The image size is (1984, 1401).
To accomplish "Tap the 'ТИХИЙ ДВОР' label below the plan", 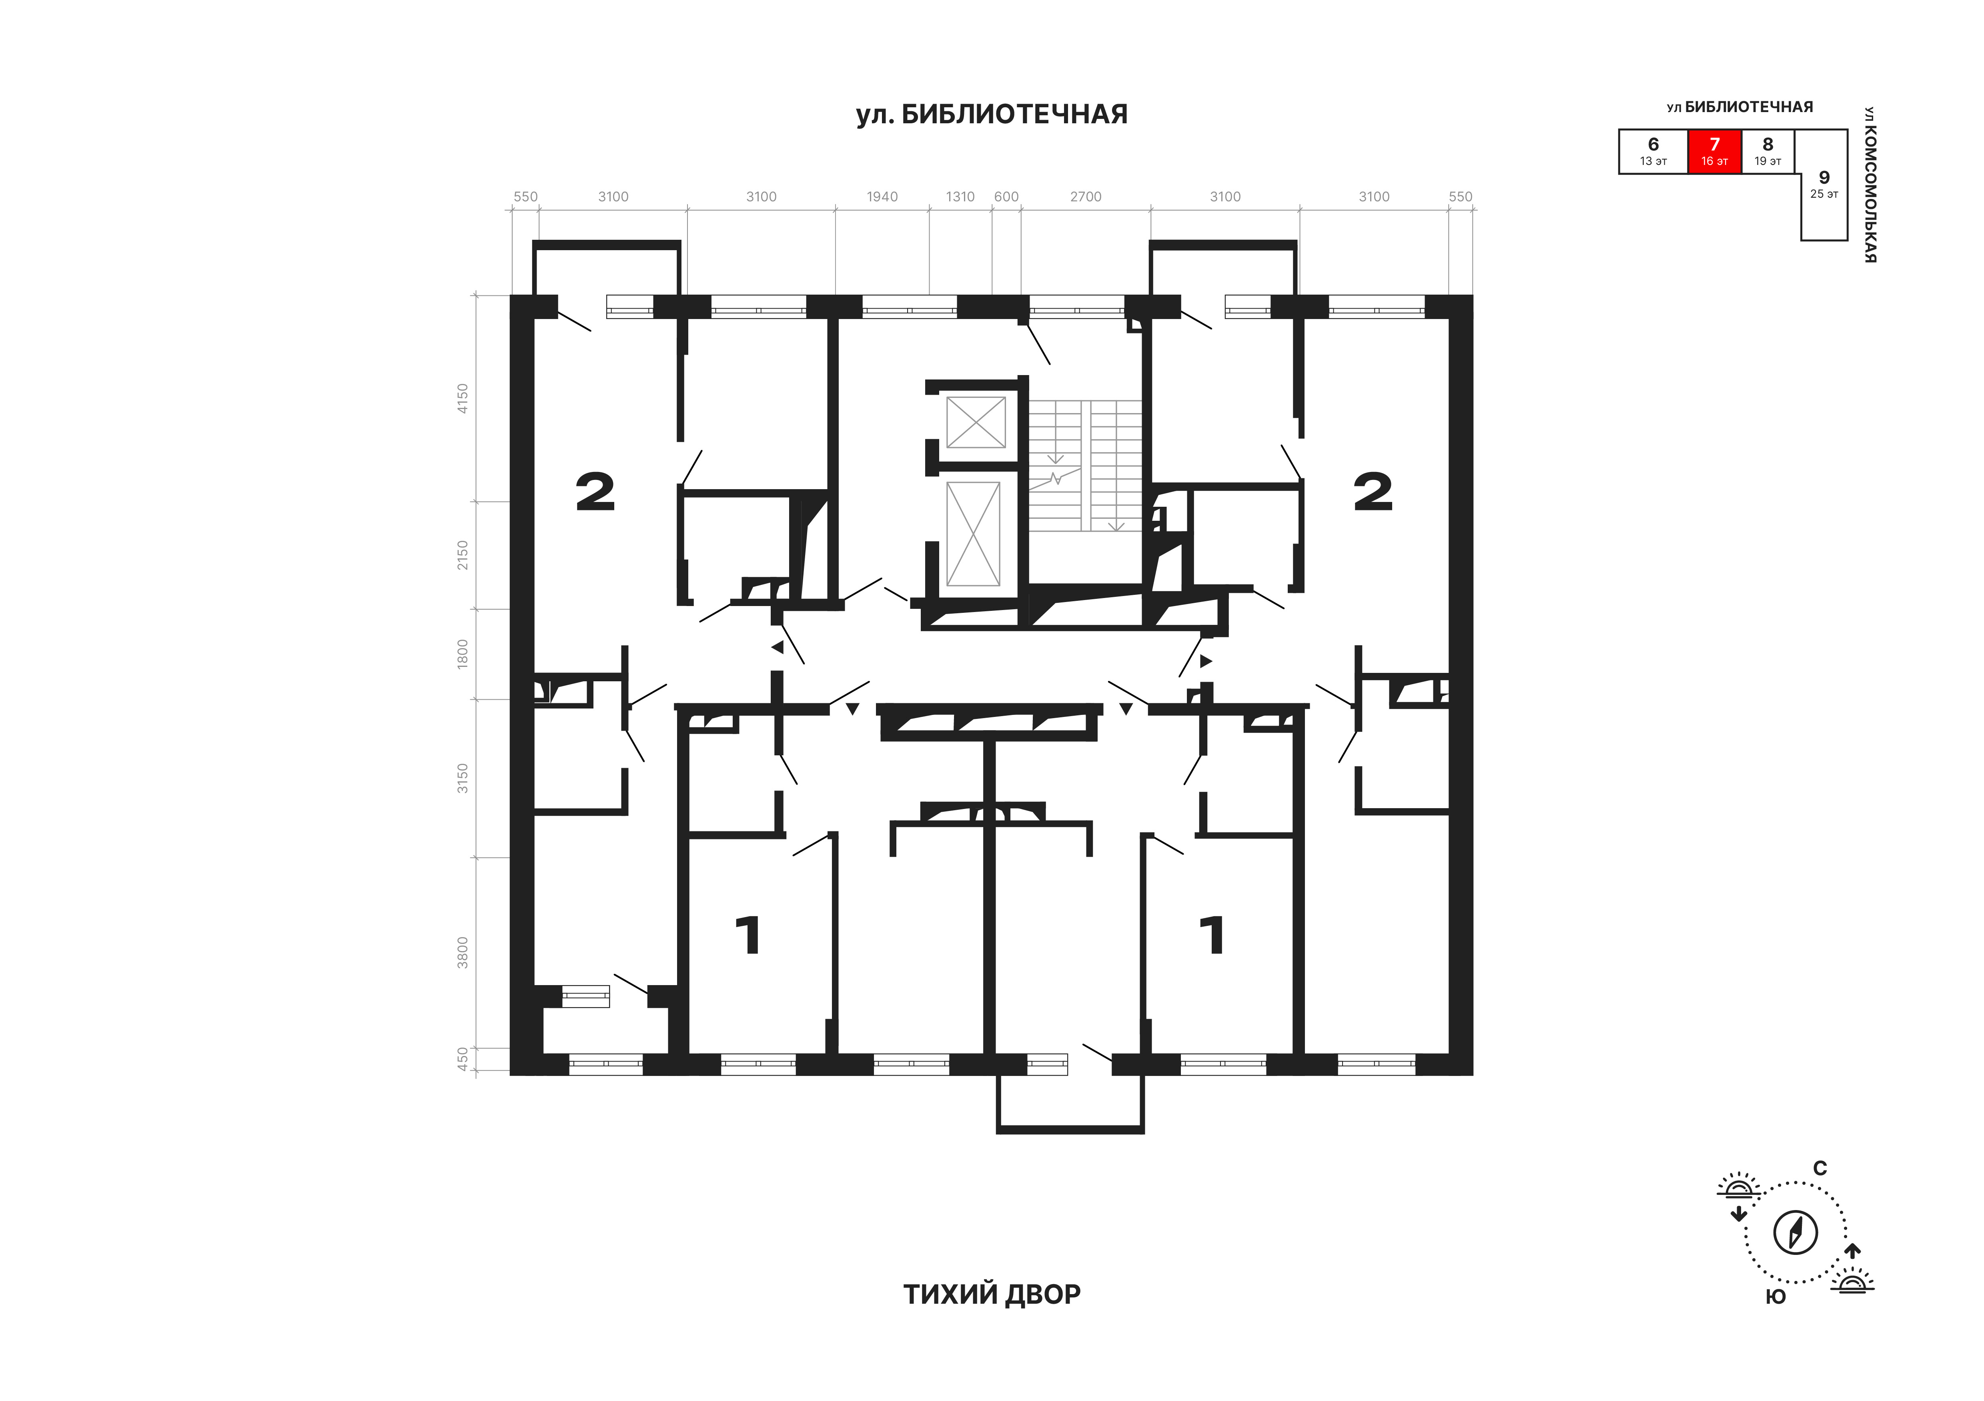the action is click(x=992, y=1318).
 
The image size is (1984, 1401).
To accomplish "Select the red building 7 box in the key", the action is click(x=1714, y=151).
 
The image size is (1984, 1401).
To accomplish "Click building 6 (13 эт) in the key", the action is click(x=1653, y=151).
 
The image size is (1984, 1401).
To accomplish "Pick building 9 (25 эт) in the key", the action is click(x=1824, y=184).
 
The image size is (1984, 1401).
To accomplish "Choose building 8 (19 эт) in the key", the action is click(x=1768, y=151).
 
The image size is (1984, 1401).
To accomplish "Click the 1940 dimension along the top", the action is click(x=882, y=197).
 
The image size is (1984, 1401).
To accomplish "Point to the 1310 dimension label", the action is click(x=960, y=197).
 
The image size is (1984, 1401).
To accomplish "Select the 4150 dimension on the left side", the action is click(x=462, y=398).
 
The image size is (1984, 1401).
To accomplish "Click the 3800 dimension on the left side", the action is click(x=462, y=952).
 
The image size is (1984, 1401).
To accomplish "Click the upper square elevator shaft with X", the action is click(x=976, y=423).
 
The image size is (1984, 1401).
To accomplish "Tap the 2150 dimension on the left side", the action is click(x=462, y=555).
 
